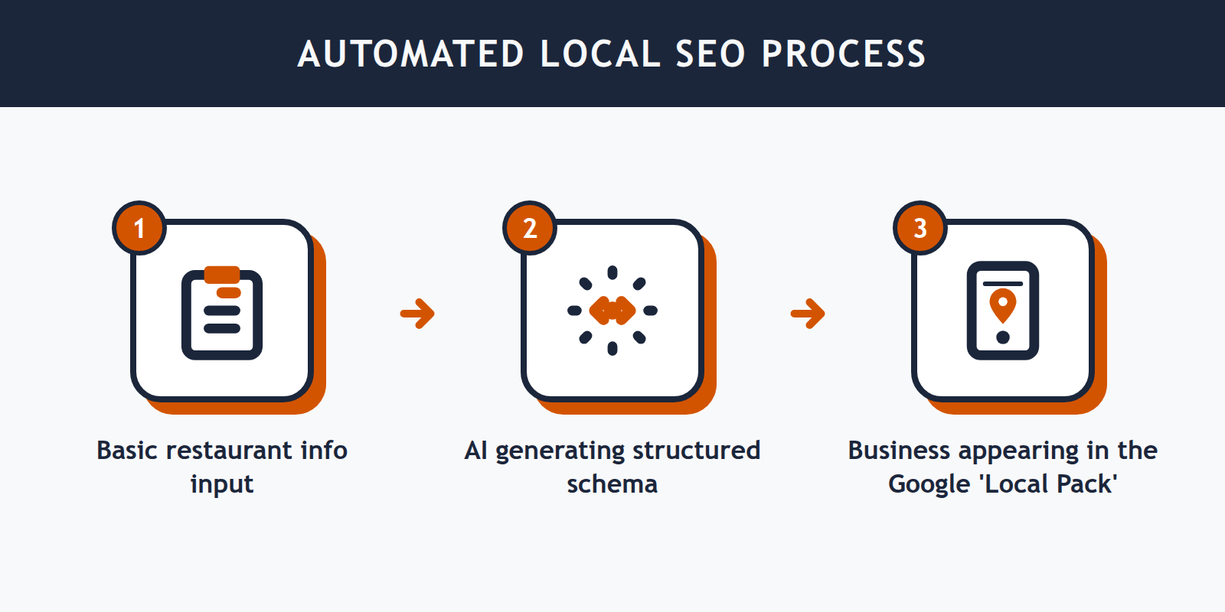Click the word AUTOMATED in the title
(x=410, y=54)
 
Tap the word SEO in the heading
(x=710, y=54)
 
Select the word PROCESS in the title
(x=844, y=54)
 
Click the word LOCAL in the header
(x=600, y=54)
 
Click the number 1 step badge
(x=139, y=228)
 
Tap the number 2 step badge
(x=530, y=228)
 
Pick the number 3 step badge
(x=920, y=228)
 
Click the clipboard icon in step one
(x=222, y=315)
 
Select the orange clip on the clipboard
(x=222, y=275)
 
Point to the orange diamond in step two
(x=612, y=311)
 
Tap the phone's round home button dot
(x=1003, y=337)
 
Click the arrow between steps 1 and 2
(x=418, y=313)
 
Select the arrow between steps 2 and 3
(x=808, y=313)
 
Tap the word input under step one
(x=222, y=485)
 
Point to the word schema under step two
(x=612, y=484)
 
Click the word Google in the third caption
(x=929, y=485)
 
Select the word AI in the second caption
(x=475, y=451)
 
